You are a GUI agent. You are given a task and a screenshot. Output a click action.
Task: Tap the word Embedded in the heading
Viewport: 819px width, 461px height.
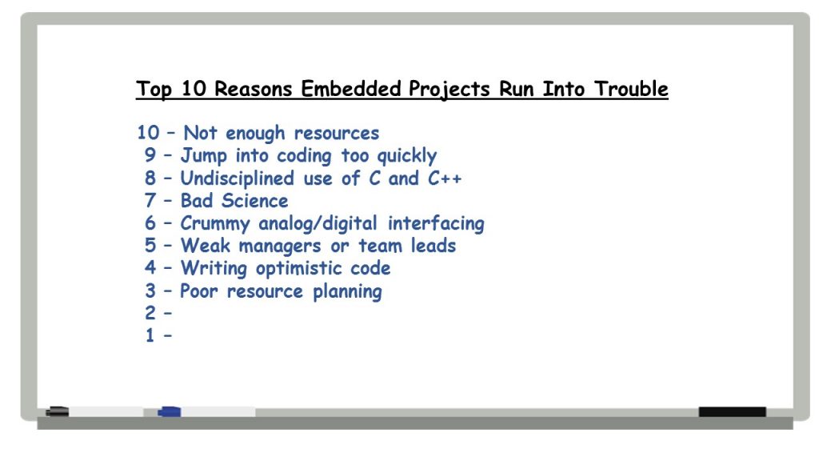pos(350,89)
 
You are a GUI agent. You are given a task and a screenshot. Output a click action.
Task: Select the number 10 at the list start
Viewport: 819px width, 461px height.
pos(148,133)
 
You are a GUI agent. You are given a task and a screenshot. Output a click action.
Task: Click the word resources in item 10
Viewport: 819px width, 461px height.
pos(337,134)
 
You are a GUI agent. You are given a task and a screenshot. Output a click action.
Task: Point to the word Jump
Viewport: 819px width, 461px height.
pos(204,156)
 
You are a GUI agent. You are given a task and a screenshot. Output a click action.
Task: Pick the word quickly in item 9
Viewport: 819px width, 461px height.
pos(406,156)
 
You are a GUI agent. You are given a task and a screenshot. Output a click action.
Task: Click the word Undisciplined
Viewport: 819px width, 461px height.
pos(237,178)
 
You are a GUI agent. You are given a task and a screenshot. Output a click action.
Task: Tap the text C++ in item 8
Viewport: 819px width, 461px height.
pos(445,178)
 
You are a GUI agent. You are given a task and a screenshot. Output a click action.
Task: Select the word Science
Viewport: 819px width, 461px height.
pos(254,201)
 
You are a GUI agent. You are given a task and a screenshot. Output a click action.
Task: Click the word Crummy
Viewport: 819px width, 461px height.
pos(215,224)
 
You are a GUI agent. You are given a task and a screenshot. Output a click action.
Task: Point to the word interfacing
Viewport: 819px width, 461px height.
pos(436,224)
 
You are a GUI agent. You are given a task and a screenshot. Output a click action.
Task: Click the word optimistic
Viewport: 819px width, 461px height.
pos(298,269)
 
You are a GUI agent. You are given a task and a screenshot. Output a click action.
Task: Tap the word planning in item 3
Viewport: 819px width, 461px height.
pos(347,291)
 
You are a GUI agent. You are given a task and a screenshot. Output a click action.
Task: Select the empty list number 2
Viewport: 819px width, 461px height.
pos(150,313)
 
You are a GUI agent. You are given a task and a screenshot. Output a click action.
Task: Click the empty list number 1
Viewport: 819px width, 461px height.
pos(150,335)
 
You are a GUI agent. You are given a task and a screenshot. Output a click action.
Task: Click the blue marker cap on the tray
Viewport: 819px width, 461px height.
pos(170,412)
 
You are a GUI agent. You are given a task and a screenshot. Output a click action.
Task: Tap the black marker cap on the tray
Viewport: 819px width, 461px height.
pos(58,412)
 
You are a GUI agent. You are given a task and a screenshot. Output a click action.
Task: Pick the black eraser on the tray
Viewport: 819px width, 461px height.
pos(733,412)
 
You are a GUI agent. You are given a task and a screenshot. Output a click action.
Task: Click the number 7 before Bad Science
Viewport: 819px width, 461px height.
pos(150,201)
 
